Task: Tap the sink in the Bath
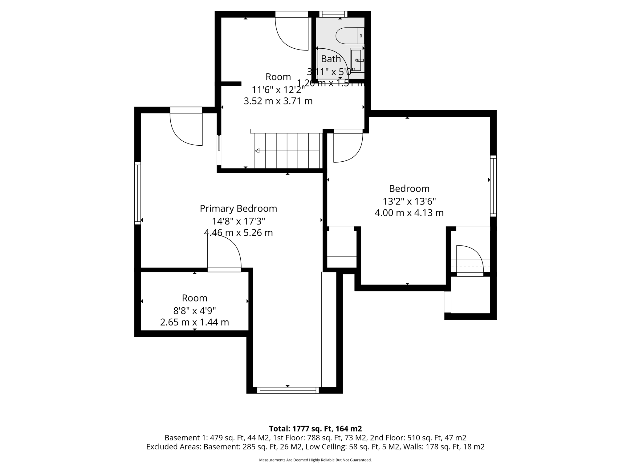(x=356, y=60)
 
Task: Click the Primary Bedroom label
(x=238, y=208)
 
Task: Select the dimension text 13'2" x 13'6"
(x=409, y=201)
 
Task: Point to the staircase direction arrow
(x=257, y=151)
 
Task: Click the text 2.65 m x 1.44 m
(x=194, y=322)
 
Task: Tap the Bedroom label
(x=409, y=188)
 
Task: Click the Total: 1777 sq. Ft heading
(x=315, y=429)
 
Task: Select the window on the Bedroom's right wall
(x=493, y=186)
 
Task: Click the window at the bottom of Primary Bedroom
(x=288, y=390)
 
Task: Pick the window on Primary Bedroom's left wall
(x=137, y=193)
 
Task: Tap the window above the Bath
(x=333, y=14)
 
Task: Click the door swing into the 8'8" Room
(x=224, y=254)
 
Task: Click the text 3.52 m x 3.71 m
(x=278, y=101)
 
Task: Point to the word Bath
(x=331, y=59)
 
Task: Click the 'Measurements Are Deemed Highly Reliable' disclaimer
(x=315, y=460)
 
